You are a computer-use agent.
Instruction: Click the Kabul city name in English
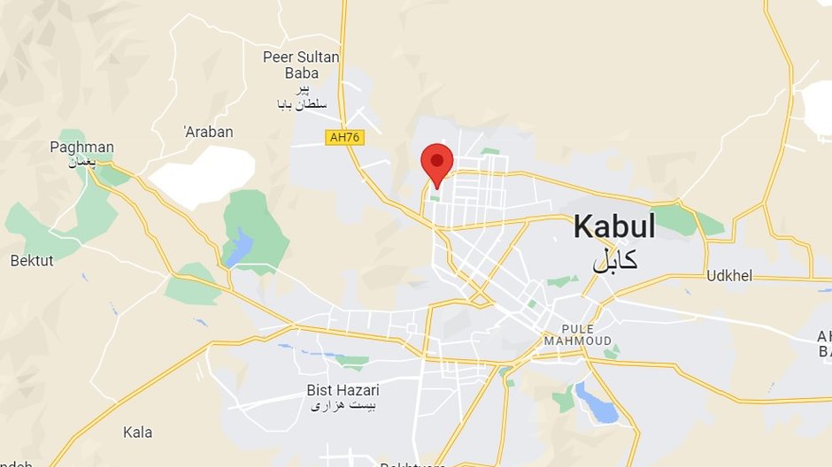(614, 226)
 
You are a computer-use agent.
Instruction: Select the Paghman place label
(81, 147)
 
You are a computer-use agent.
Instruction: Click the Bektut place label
(32, 261)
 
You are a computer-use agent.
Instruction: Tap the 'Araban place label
(209, 132)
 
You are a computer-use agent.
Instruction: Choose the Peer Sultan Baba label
(301, 65)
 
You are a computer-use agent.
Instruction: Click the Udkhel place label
(729, 276)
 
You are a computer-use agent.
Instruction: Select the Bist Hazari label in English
(342, 390)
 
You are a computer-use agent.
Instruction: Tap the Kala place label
(138, 433)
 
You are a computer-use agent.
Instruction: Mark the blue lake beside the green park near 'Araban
(239, 248)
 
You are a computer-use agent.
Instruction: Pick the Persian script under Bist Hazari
(342, 406)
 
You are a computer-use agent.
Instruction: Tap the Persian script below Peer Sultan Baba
(301, 97)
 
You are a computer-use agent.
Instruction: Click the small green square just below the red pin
(434, 197)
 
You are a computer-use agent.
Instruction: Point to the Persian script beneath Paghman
(82, 162)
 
